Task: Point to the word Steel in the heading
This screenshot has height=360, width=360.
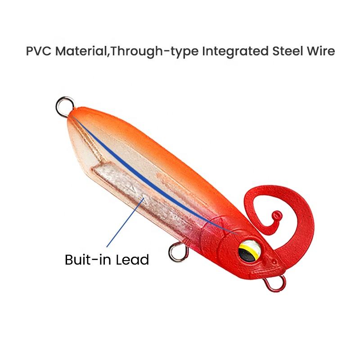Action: [x=287, y=50]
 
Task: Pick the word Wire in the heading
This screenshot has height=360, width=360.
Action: [x=320, y=50]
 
